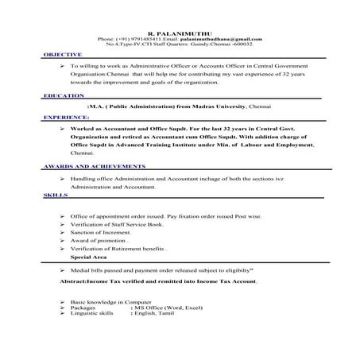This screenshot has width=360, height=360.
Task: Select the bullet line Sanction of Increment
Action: [x=99, y=233]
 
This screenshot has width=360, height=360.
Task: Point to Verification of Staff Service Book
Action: [x=110, y=225]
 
